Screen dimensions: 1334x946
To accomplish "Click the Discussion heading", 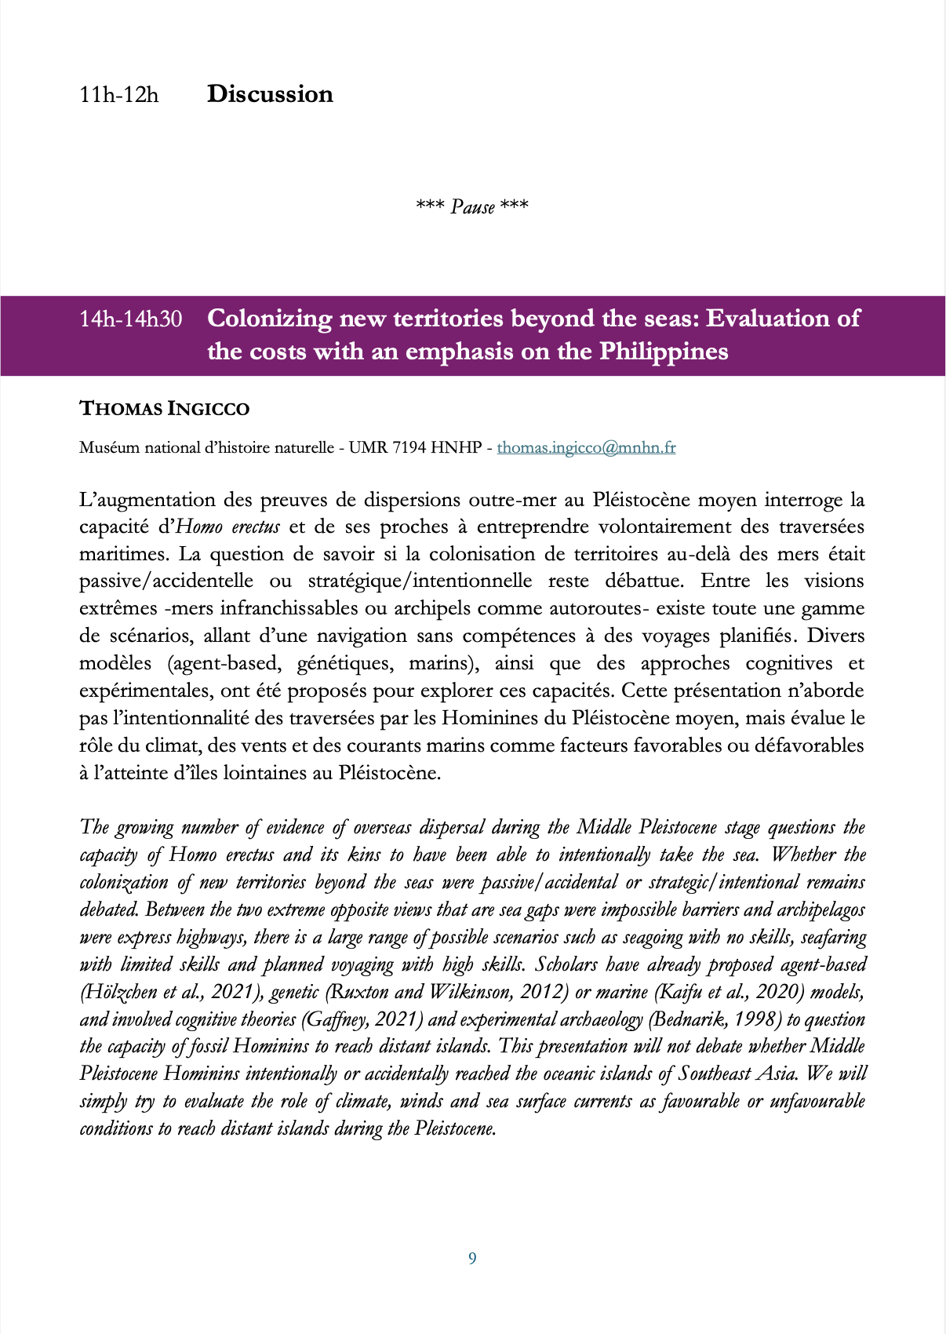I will coord(270,94).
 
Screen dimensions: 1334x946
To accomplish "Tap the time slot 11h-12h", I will coord(118,95).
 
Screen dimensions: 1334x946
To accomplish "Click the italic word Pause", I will coord(472,207).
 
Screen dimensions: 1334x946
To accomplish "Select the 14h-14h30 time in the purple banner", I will coord(130,319).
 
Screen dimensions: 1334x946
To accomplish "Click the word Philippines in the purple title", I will coord(664,352).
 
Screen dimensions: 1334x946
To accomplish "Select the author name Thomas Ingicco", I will coord(164,409).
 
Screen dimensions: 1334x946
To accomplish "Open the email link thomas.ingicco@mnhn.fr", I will coord(586,448).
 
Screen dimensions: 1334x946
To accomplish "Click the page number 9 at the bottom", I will coord(472,1259).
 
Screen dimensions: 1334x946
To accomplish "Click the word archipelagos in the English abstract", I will coord(820,910).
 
